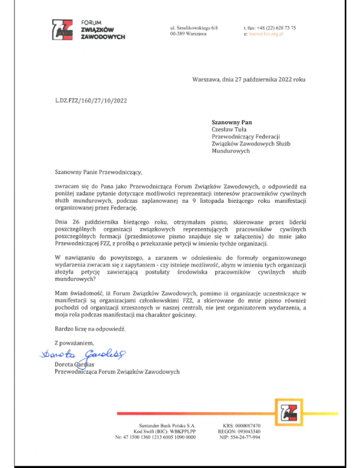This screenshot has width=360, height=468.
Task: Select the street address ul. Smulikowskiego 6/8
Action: tap(194, 28)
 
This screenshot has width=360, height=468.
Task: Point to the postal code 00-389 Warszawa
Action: tap(188, 34)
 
